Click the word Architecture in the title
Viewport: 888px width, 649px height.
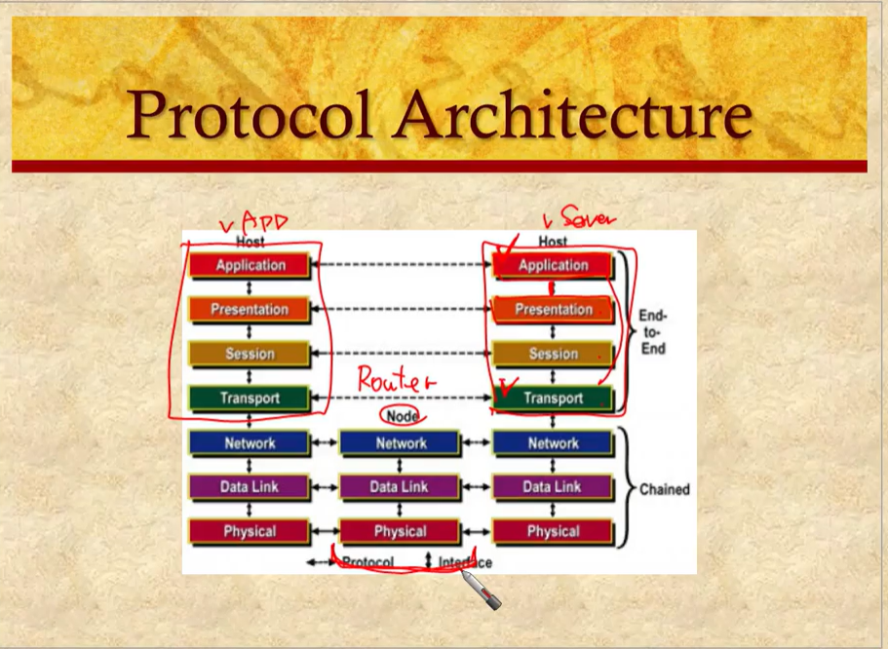pyautogui.click(x=573, y=113)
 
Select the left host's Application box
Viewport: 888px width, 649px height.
pyautogui.click(x=251, y=265)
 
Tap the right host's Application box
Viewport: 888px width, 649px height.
pyautogui.click(x=553, y=265)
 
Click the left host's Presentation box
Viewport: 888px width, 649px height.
pyautogui.click(x=251, y=310)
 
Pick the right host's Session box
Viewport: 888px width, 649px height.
pyautogui.click(x=553, y=354)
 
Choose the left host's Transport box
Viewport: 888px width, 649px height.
pyautogui.click(x=251, y=398)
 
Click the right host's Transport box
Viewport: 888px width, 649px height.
pyautogui.click(x=553, y=398)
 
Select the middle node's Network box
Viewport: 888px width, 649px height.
pyautogui.click(x=401, y=443)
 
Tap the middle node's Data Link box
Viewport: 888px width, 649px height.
pyautogui.click(x=401, y=486)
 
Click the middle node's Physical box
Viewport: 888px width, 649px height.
pyautogui.click(x=401, y=531)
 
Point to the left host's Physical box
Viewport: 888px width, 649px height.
pyautogui.click(x=251, y=531)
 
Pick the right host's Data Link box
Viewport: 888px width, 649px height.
pyautogui.click(x=553, y=486)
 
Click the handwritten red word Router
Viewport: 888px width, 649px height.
pyautogui.click(x=395, y=379)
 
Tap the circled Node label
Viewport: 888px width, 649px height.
pyautogui.click(x=402, y=416)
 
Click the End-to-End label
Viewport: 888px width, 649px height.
pyautogui.click(x=652, y=331)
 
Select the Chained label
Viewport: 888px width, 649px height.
pyautogui.click(x=664, y=489)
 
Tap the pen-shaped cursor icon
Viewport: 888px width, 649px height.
pyautogui.click(x=480, y=589)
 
